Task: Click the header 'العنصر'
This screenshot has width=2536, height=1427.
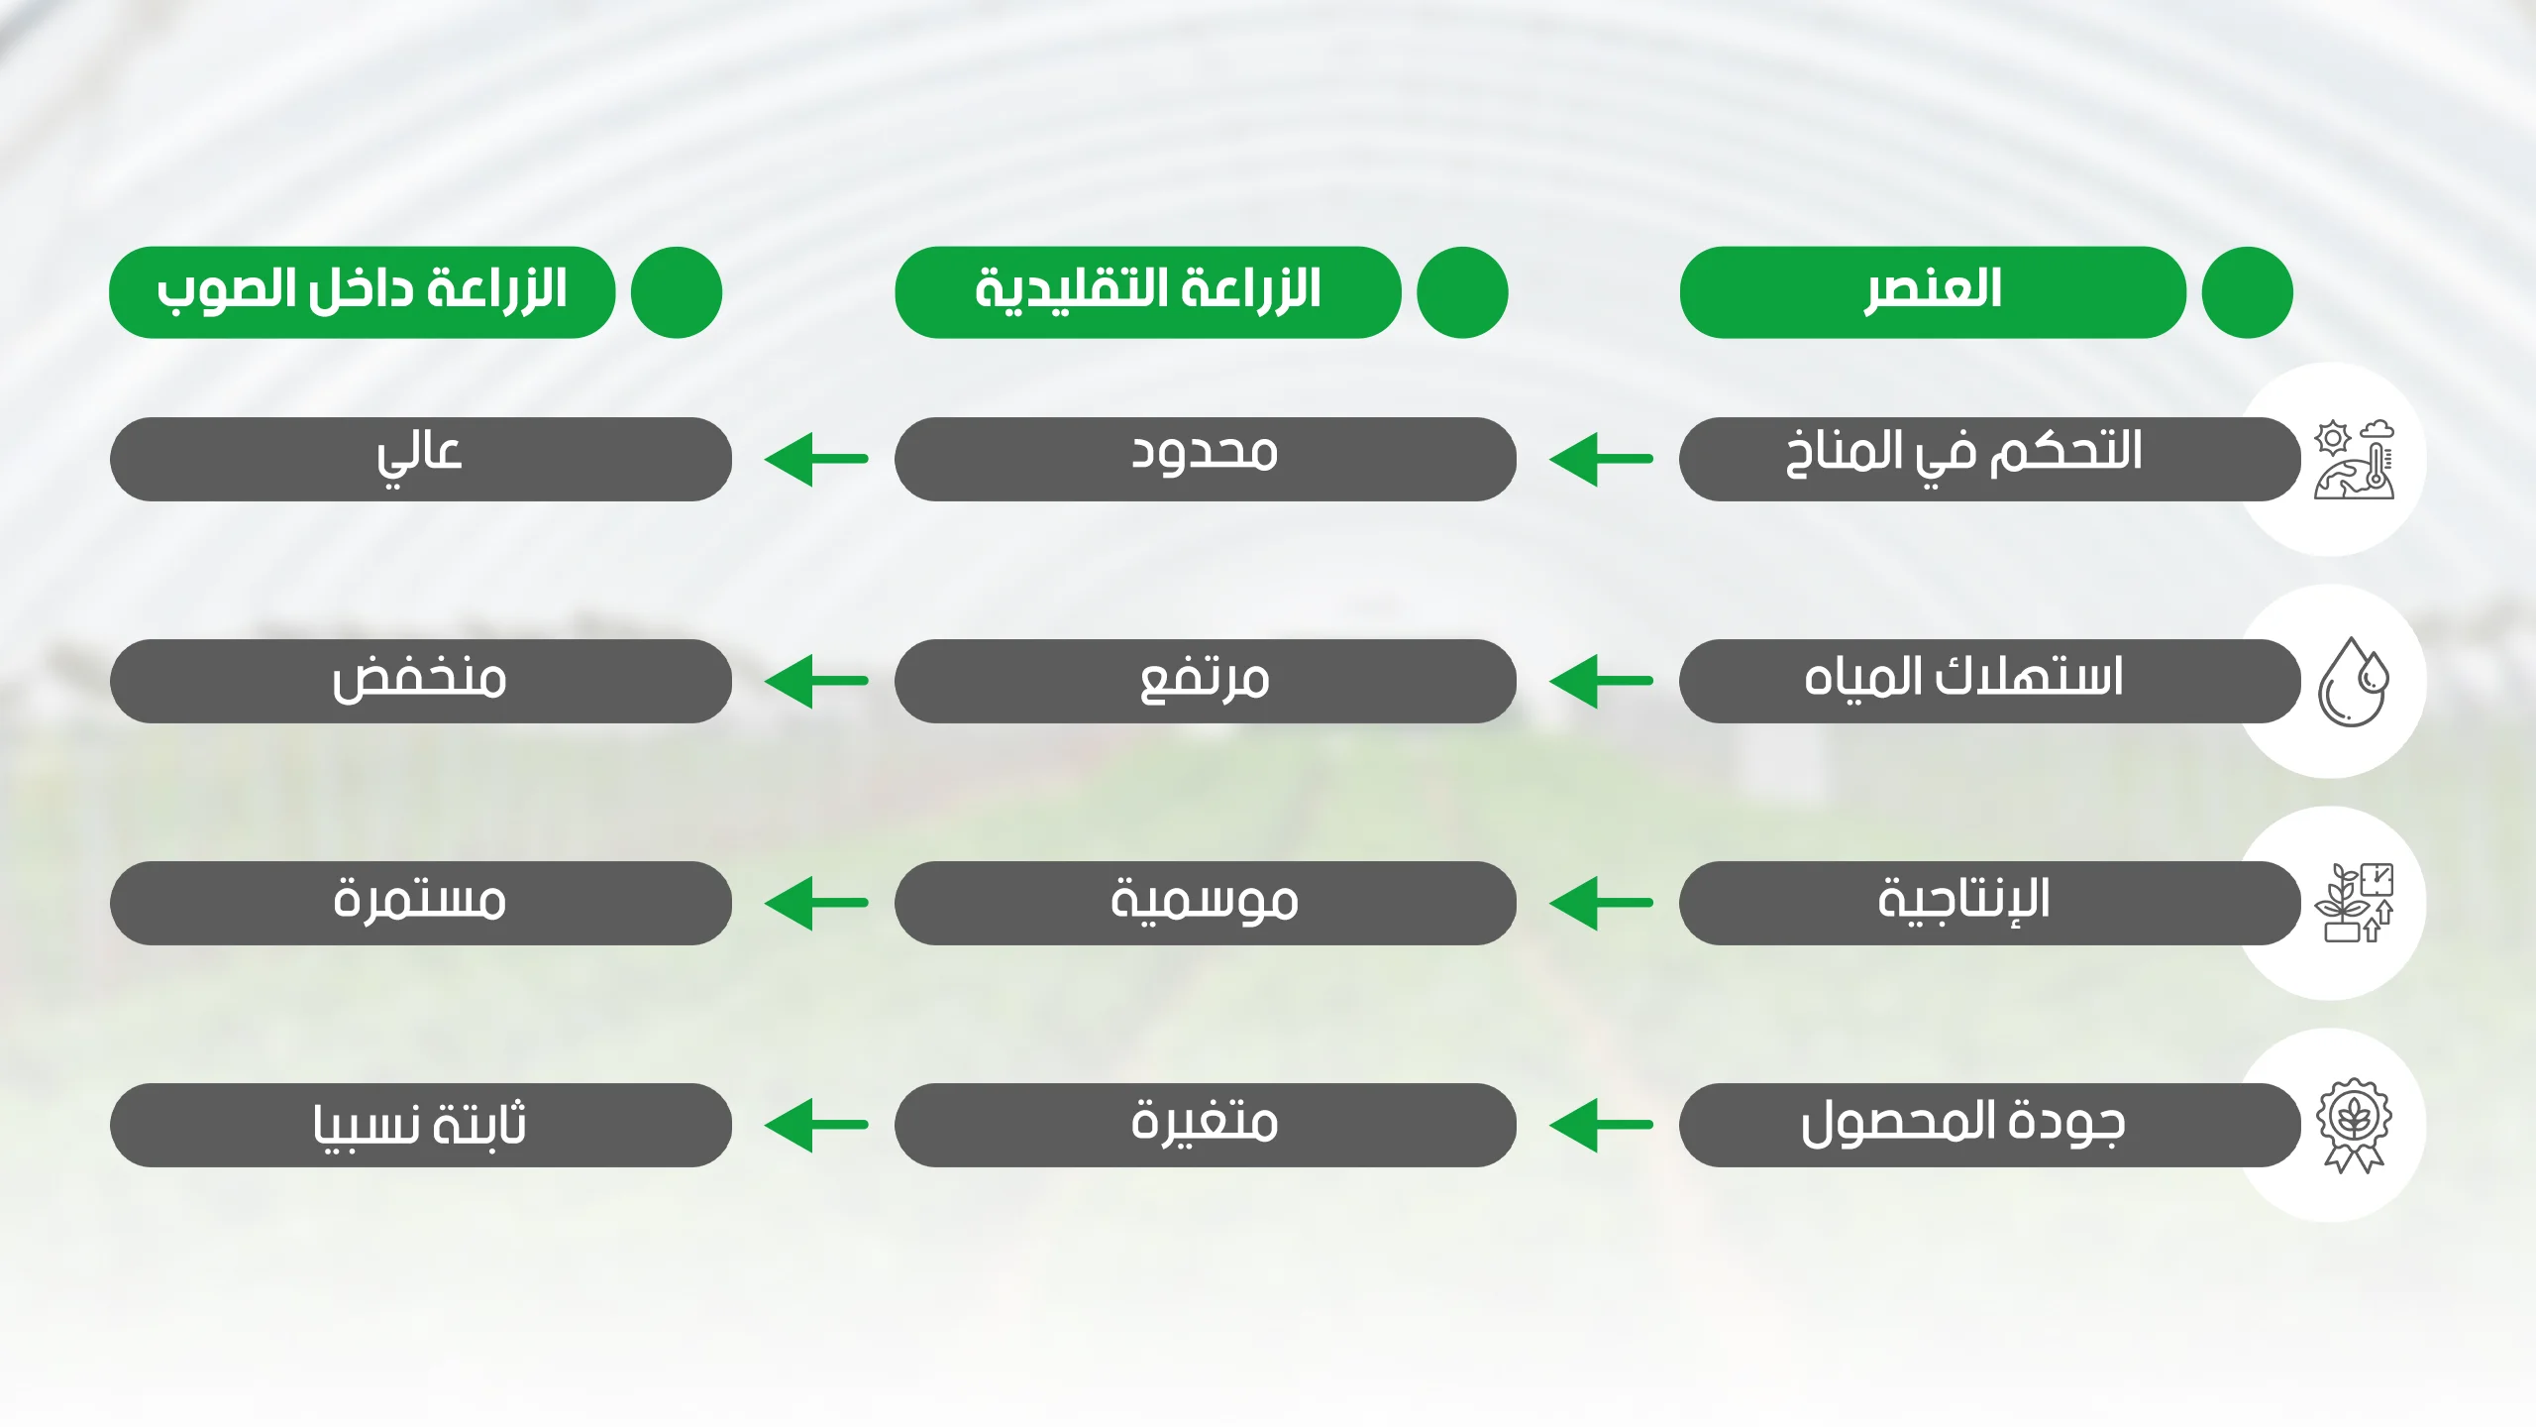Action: tap(1932, 292)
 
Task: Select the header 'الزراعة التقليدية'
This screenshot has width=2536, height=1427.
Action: tap(1147, 292)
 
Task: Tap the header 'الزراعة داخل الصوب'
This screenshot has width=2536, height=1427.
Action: tap(362, 292)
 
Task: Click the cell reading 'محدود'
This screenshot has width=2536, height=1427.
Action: tap(1205, 459)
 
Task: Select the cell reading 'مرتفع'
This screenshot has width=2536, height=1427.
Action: tap(1205, 681)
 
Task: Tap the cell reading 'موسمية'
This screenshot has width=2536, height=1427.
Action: tap(1205, 903)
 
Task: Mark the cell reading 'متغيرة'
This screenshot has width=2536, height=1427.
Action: tap(1205, 1125)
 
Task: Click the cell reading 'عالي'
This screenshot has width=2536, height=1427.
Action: tap(420, 459)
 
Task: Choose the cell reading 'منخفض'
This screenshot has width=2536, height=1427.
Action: tap(420, 681)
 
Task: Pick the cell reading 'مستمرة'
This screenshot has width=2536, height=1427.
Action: tap(420, 903)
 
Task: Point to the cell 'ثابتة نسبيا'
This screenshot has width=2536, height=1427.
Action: tap(420, 1125)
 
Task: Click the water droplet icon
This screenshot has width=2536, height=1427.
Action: tap(2354, 682)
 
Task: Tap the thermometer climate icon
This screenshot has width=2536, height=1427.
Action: tap(2355, 460)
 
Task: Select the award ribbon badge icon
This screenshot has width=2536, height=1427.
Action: tap(2354, 1126)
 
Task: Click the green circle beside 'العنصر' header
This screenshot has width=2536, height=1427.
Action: tap(2247, 292)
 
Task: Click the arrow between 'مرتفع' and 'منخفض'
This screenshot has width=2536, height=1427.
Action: tap(816, 681)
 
